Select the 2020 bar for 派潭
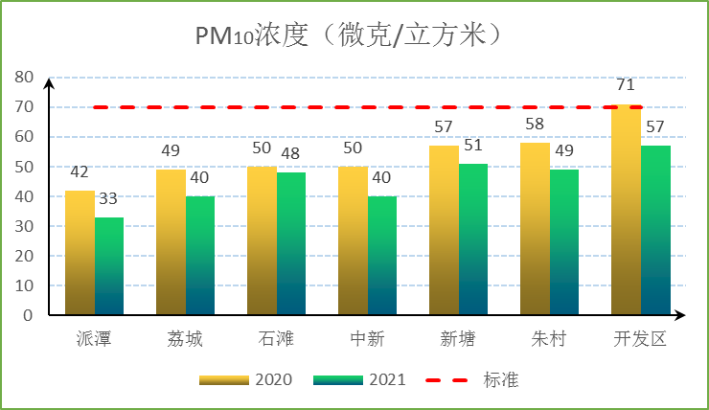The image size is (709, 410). click(80, 253)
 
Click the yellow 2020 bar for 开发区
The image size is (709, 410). click(626, 210)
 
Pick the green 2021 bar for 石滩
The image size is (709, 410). click(291, 243)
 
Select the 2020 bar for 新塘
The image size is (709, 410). click(444, 231)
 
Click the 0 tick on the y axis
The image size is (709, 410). click(29, 315)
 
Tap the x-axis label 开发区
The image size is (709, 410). click(640, 340)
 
